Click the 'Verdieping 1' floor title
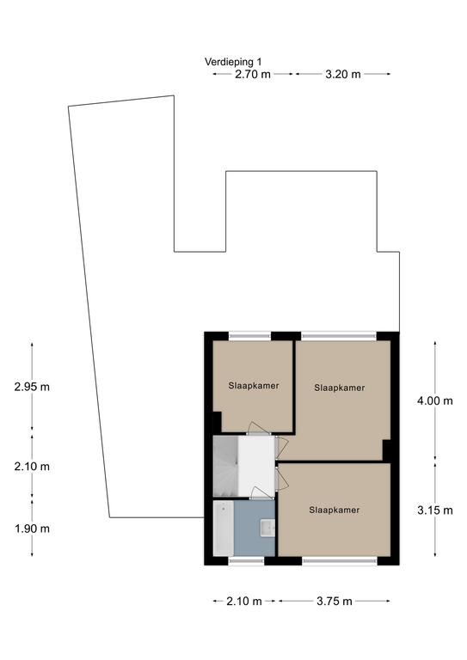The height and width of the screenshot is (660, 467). click(233, 62)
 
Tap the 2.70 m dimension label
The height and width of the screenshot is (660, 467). click(253, 75)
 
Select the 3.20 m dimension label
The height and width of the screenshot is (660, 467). click(343, 75)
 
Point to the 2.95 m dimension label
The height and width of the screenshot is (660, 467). click(32, 387)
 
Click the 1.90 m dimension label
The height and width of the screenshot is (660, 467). click(32, 529)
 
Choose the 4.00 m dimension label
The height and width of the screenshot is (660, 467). click(435, 400)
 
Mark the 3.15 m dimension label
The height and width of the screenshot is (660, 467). click(435, 510)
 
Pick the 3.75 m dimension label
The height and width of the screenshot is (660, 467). click(335, 601)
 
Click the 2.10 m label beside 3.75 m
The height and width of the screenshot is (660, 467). click(244, 601)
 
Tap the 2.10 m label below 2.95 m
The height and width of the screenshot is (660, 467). click(32, 467)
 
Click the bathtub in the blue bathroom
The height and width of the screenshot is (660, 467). click(224, 529)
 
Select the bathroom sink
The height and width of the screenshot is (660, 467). click(267, 528)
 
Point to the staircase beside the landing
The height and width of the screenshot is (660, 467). click(225, 467)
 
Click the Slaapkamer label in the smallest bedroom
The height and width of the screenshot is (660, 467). click(254, 386)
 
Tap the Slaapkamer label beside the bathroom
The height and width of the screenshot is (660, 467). click(335, 510)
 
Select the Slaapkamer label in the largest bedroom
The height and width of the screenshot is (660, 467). click(340, 388)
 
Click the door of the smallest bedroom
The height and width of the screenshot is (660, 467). click(258, 429)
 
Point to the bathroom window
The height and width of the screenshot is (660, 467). click(246, 560)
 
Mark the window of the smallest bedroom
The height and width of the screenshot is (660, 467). click(249, 336)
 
